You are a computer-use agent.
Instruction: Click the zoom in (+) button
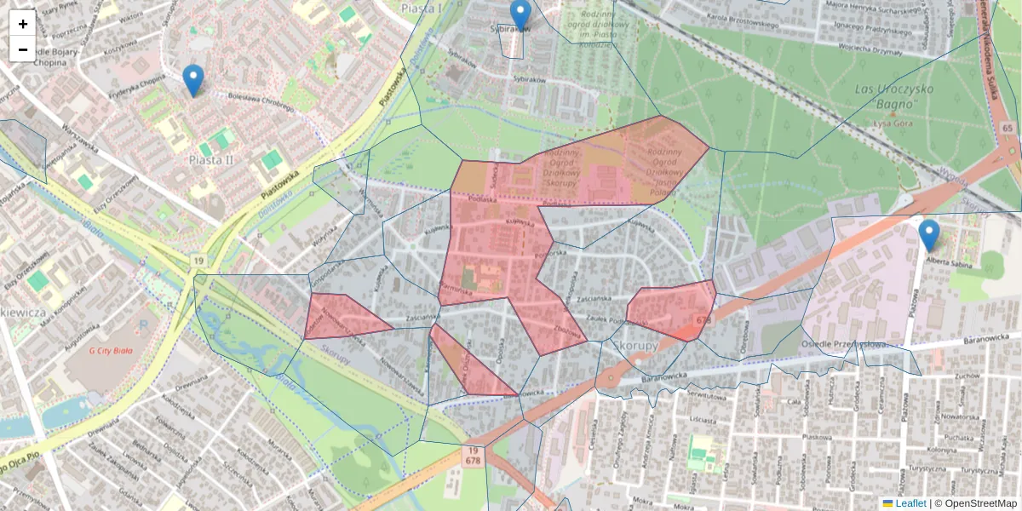(x=23, y=23)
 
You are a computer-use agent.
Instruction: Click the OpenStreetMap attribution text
(x=979, y=503)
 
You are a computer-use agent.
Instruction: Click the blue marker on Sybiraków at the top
(x=520, y=14)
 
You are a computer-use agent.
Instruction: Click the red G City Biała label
(x=112, y=349)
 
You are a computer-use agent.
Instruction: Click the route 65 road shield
(x=1008, y=129)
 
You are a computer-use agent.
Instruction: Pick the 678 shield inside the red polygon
(x=703, y=320)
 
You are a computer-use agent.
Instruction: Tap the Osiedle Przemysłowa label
(x=843, y=344)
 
